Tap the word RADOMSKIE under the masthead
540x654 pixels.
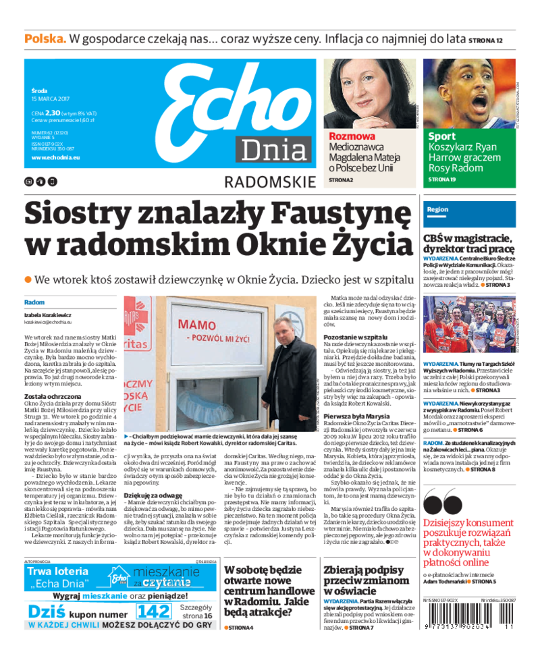pyautogui.click(x=269, y=182)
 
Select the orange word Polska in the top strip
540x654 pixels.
pyautogui.click(x=45, y=38)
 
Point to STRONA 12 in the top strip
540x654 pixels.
pyautogui.click(x=486, y=40)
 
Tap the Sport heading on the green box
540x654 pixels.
pyautogui.click(x=441, y=136)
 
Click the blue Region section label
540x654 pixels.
pyautogui.click(x=437, y=210)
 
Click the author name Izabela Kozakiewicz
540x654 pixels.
pyautogui.click(x=47, y=315)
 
